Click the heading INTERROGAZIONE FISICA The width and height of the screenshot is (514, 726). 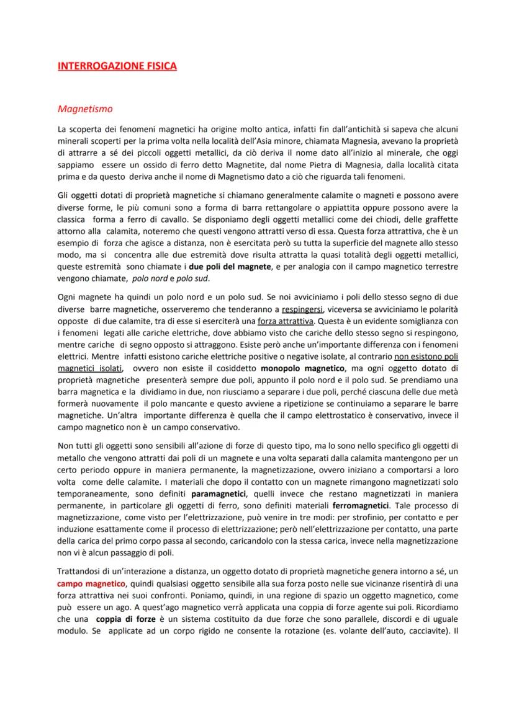(117, 66)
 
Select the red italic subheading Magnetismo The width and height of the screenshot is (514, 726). (84, 109)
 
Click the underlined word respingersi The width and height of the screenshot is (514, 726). (302, 308)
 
